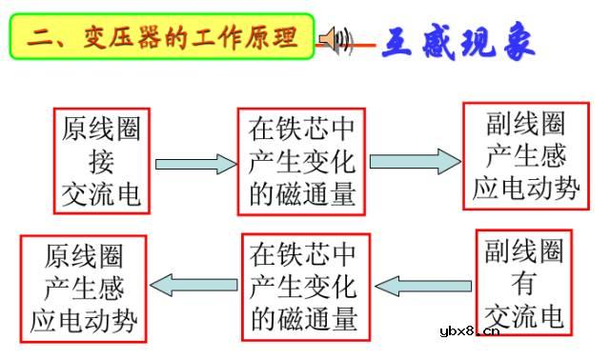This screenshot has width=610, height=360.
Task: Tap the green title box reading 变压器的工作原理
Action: point(162,38)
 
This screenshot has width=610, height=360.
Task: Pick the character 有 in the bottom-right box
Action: point(523,283)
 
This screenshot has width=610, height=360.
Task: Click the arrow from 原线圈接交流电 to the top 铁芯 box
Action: point(194,164)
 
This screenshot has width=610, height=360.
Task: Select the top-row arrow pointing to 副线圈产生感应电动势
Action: point(414,162)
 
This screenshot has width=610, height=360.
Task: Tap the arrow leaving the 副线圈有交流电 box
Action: point(423,284)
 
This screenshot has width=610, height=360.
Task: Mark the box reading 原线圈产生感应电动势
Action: point(84,288)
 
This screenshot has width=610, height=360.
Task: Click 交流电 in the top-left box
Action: point(101,195)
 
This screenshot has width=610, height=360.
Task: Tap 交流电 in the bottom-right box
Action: point(523,314)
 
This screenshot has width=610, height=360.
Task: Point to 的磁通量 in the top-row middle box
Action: point(302,194)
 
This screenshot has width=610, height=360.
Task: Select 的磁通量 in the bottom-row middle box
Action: point(303,317)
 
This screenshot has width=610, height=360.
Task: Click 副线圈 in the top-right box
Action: point(525,124)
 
